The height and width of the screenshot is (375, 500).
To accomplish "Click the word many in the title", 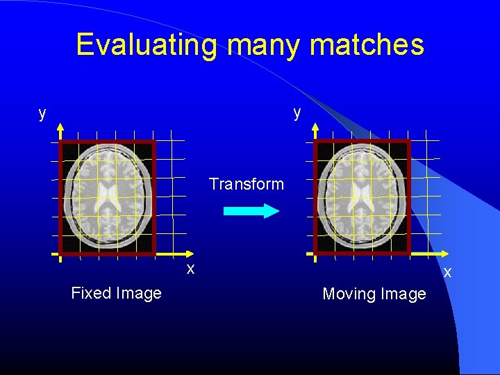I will click(x=265, y=45).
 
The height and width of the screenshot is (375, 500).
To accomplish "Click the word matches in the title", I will click(x=367, y=45).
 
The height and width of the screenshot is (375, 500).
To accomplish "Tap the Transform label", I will click(x=247, y=184).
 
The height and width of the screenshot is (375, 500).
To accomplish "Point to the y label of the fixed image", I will click(x=42, y=113).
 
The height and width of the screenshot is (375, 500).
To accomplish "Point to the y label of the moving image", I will click(x=297, y=112).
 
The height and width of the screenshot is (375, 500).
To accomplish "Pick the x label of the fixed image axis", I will click(x=190, y=269).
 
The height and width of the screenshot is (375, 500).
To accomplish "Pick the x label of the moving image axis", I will click(x=447, y=272).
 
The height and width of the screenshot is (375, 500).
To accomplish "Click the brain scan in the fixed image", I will click(x=108, y=197).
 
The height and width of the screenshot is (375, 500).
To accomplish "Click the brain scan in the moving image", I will click(x=362, y=197).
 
